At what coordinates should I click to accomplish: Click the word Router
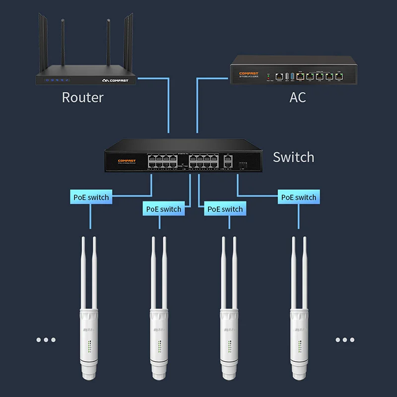tap(82, 97)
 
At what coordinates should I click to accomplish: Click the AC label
tap(298, 97)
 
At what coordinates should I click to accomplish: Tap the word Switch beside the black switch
tap(293, 157)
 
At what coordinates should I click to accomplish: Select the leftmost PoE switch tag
tap(91, 197)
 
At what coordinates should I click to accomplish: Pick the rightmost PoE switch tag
tap(298, 197)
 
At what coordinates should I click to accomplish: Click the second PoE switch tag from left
tap(164, 209)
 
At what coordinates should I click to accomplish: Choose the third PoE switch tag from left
tap(225, 209)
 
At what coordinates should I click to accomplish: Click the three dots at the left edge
tap(46, 340)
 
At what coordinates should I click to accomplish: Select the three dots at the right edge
tap(344, 340)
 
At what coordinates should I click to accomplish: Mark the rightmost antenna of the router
tap(130, 45)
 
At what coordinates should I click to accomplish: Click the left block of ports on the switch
tap(162, 160)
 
